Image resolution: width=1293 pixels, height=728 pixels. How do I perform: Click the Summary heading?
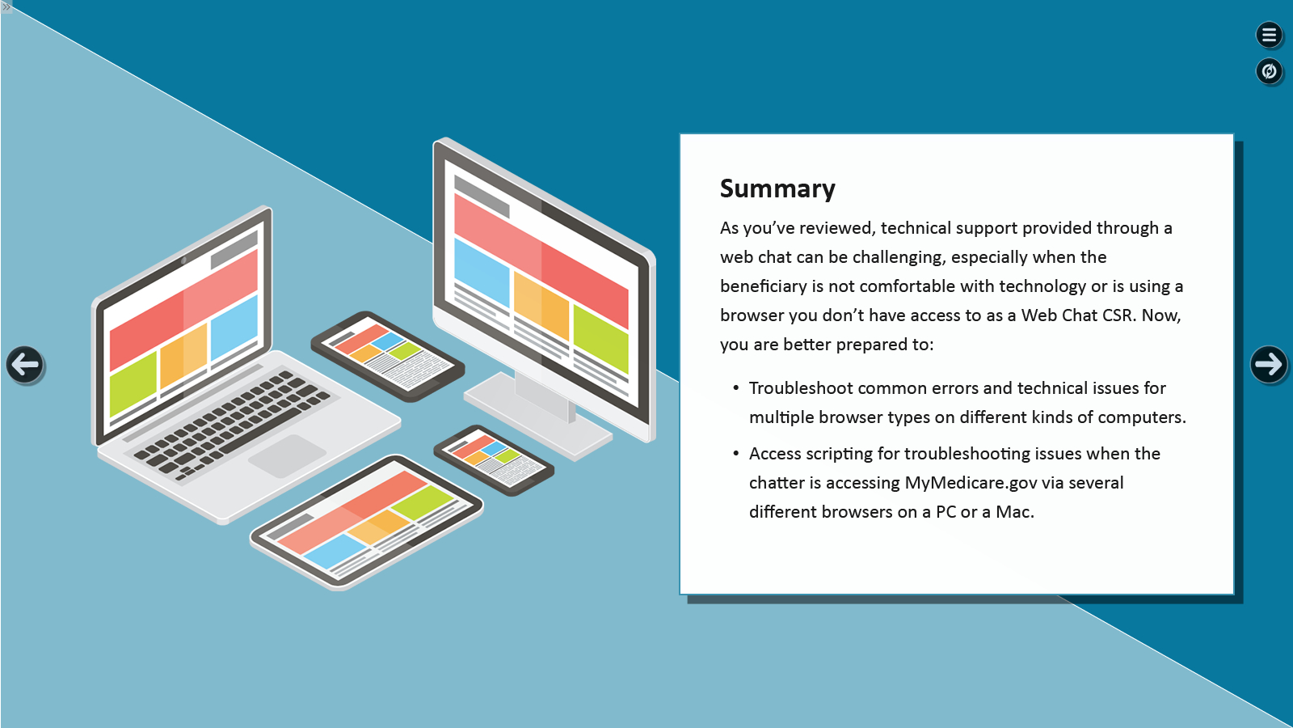point(777,188)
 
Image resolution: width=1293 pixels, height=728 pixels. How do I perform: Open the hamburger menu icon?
point(1269,35)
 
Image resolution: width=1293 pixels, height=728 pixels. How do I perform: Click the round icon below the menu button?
point(1269,71)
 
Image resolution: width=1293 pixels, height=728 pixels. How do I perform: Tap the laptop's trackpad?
point(286,455)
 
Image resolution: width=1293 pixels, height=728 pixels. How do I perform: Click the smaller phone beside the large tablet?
point(494,459)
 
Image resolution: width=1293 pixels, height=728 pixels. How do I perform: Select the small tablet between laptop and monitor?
point(387,355)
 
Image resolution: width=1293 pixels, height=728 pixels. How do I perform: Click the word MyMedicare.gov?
point(971,483)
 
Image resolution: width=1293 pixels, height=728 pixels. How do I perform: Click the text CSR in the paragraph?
point(1118,315)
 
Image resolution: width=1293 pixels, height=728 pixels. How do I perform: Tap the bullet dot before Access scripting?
point(735,454)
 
